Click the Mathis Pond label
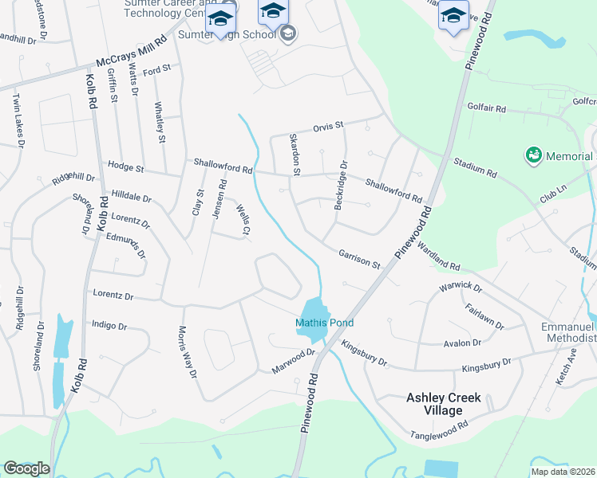324,323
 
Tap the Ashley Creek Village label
434,403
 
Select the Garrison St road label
358,258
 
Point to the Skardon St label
294,155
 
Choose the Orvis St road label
327,126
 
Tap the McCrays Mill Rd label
131,51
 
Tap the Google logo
27,468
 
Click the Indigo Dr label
109,325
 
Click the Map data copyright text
563,472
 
